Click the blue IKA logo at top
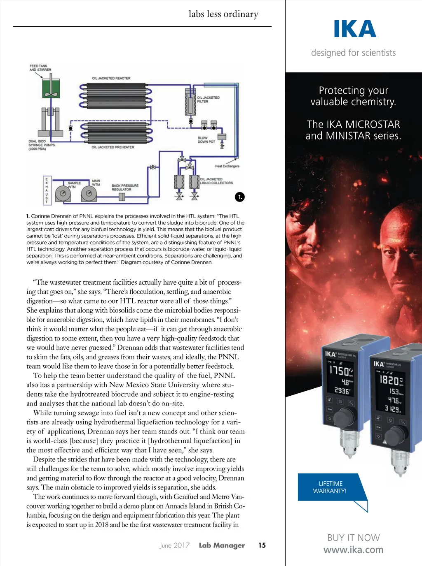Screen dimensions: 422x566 [x=355, y=29]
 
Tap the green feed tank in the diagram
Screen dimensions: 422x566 [x=51, y=88]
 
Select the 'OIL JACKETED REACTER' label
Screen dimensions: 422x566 [x=111, y=78]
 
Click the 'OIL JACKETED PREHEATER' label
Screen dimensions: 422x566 [x=113, y=147]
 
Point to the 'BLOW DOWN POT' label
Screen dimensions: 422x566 [x=206, y=139]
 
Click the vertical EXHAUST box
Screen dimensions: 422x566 [x=47, y=190]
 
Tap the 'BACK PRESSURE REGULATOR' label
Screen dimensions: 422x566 [x=125, y=187]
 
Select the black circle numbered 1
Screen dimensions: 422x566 [x=240, y=197]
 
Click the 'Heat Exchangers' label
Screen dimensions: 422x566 [x=227, y=166]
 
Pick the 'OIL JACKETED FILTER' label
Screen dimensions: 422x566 [x=208, y=99]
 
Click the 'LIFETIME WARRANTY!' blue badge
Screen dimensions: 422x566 [x=330, y=487]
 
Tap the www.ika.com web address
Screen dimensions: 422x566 [x=354, y=550]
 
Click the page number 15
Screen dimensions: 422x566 [x=262, y=545]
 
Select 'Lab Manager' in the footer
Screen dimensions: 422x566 [x=222, y=545]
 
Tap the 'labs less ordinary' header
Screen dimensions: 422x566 [x=223, y=14]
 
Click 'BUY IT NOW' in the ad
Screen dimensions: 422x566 [x=354, y=538]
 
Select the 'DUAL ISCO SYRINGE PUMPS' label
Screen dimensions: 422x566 [x=42, y=145]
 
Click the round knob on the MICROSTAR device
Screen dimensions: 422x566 [x=343, y=417]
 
